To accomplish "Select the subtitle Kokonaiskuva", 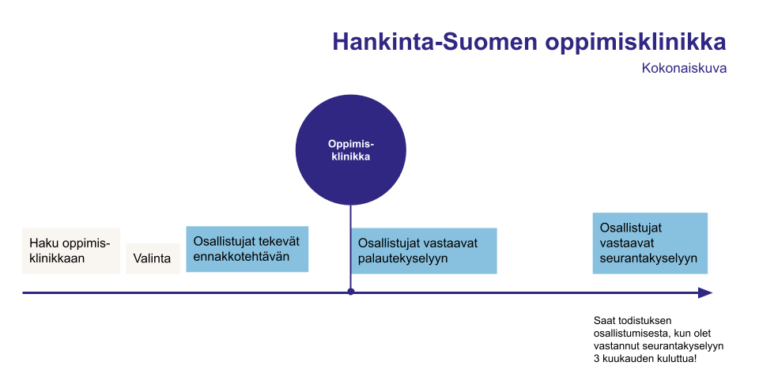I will [684, 68].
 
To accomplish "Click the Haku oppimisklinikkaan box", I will [71, 251].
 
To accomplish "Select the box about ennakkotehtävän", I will [247, 249].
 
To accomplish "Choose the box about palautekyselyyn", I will [424, 251].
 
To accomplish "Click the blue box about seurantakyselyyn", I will [650, 243].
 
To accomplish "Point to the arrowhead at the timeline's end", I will [705, 292].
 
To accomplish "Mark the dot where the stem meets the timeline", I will [350, 292].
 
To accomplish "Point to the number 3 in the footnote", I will [596, 359].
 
